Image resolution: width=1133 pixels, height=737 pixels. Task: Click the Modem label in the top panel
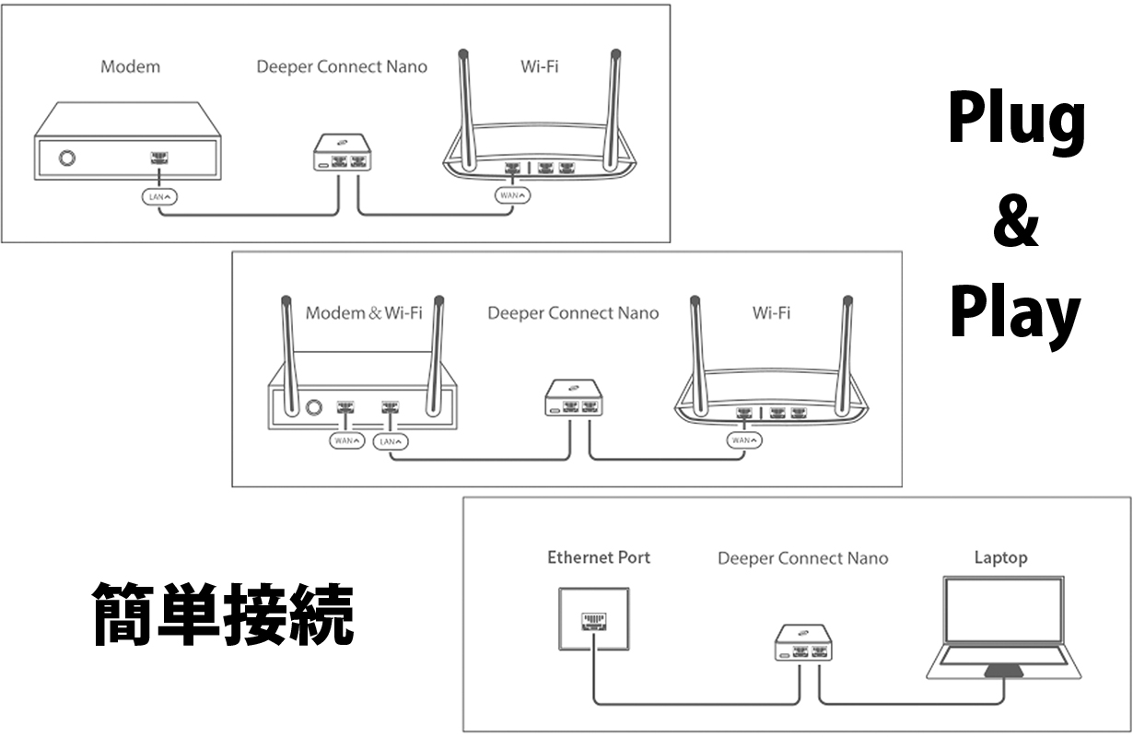click(x=131, y=66)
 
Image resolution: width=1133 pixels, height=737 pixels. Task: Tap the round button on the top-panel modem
click(x=66, y=158)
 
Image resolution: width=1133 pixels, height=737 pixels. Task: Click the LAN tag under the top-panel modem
click(x=159, y=197)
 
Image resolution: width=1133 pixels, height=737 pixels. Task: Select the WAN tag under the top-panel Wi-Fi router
click(x=512, y=195)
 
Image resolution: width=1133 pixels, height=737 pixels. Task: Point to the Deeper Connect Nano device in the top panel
click(x=342, y=152)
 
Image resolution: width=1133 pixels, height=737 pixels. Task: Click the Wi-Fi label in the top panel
click(x=540, y=66)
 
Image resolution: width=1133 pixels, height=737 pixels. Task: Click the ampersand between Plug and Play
click(x=1016, y=221)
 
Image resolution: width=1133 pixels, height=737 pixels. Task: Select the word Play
click(x=1015, y=314)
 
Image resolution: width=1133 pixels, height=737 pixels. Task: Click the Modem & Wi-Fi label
click(x=364, y=313)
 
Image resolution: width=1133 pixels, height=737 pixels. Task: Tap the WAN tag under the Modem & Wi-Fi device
click(x=347, y=440)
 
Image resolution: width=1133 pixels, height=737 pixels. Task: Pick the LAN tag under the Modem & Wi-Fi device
click(x=391, y=441)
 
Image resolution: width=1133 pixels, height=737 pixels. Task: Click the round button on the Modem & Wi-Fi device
click(x=313, y=407)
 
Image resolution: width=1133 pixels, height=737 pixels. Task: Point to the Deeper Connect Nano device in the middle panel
click(x=574, y=398)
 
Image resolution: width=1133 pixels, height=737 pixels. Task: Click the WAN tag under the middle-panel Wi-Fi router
click(x=744, y=440)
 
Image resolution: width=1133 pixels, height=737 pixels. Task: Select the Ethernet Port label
click(x=599, y=557)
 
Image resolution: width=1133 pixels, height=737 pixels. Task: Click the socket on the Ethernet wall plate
click(x=594, y=621)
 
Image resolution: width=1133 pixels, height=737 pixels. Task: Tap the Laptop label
click(x=1001, y=557)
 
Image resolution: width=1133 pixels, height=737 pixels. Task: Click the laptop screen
click(x=1003, y=610)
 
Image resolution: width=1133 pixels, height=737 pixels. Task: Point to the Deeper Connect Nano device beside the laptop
click(x=804, y=643)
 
